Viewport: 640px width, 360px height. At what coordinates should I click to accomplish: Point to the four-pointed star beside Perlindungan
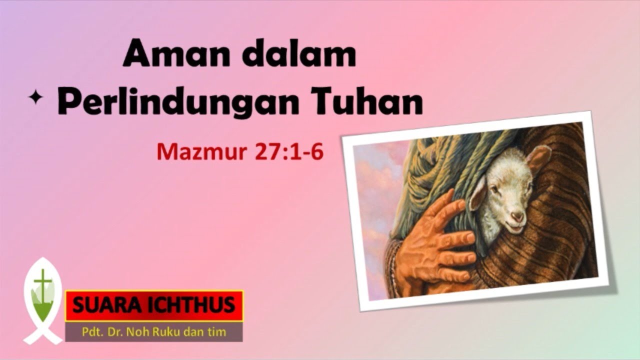tap(35, 99)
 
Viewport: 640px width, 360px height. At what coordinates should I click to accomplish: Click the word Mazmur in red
tap(203, 152)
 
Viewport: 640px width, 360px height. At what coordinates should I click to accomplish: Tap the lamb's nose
tap(517, 216)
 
